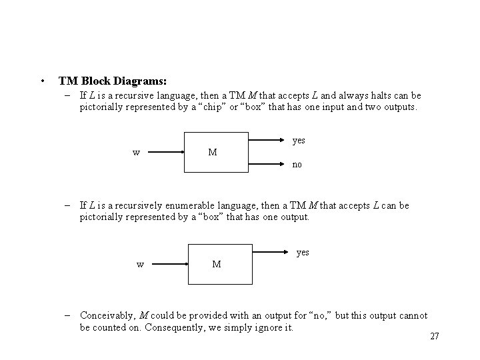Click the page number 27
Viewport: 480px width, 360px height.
pos(435,336)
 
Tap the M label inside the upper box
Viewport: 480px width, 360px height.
pos(212,152)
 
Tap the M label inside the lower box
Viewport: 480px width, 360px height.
pos(217,264)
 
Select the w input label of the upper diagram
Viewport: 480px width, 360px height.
pos(136,152)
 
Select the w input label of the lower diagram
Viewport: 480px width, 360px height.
pos(140,264)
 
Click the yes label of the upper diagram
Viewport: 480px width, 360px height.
pos(299,141)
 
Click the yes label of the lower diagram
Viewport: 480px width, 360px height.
pos(303,253)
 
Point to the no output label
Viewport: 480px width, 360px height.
pos(297,164)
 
